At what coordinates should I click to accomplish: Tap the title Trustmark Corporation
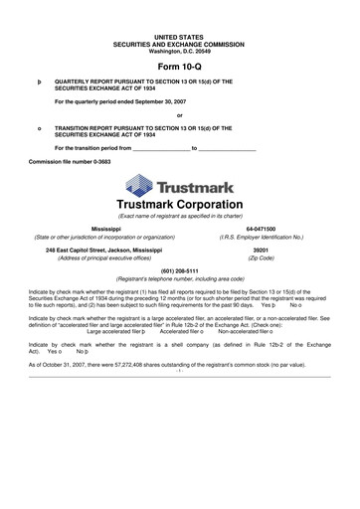(179, 205)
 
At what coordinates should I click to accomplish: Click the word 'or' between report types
(179, 115)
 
